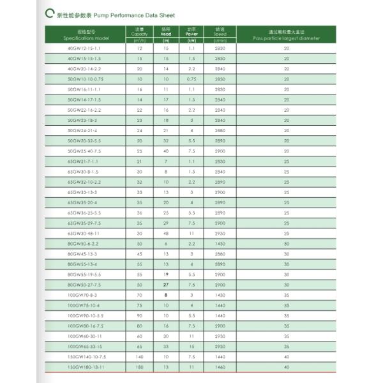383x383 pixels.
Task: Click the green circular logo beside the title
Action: point(50,14)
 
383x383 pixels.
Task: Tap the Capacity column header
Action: point(139,35)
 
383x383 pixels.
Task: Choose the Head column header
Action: point(166,35)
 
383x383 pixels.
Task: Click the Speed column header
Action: point(220,35)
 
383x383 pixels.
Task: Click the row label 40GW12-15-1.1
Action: point(84,48)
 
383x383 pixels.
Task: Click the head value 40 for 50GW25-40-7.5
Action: point(166,151)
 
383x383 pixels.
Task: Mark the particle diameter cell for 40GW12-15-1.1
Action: point(286,48)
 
